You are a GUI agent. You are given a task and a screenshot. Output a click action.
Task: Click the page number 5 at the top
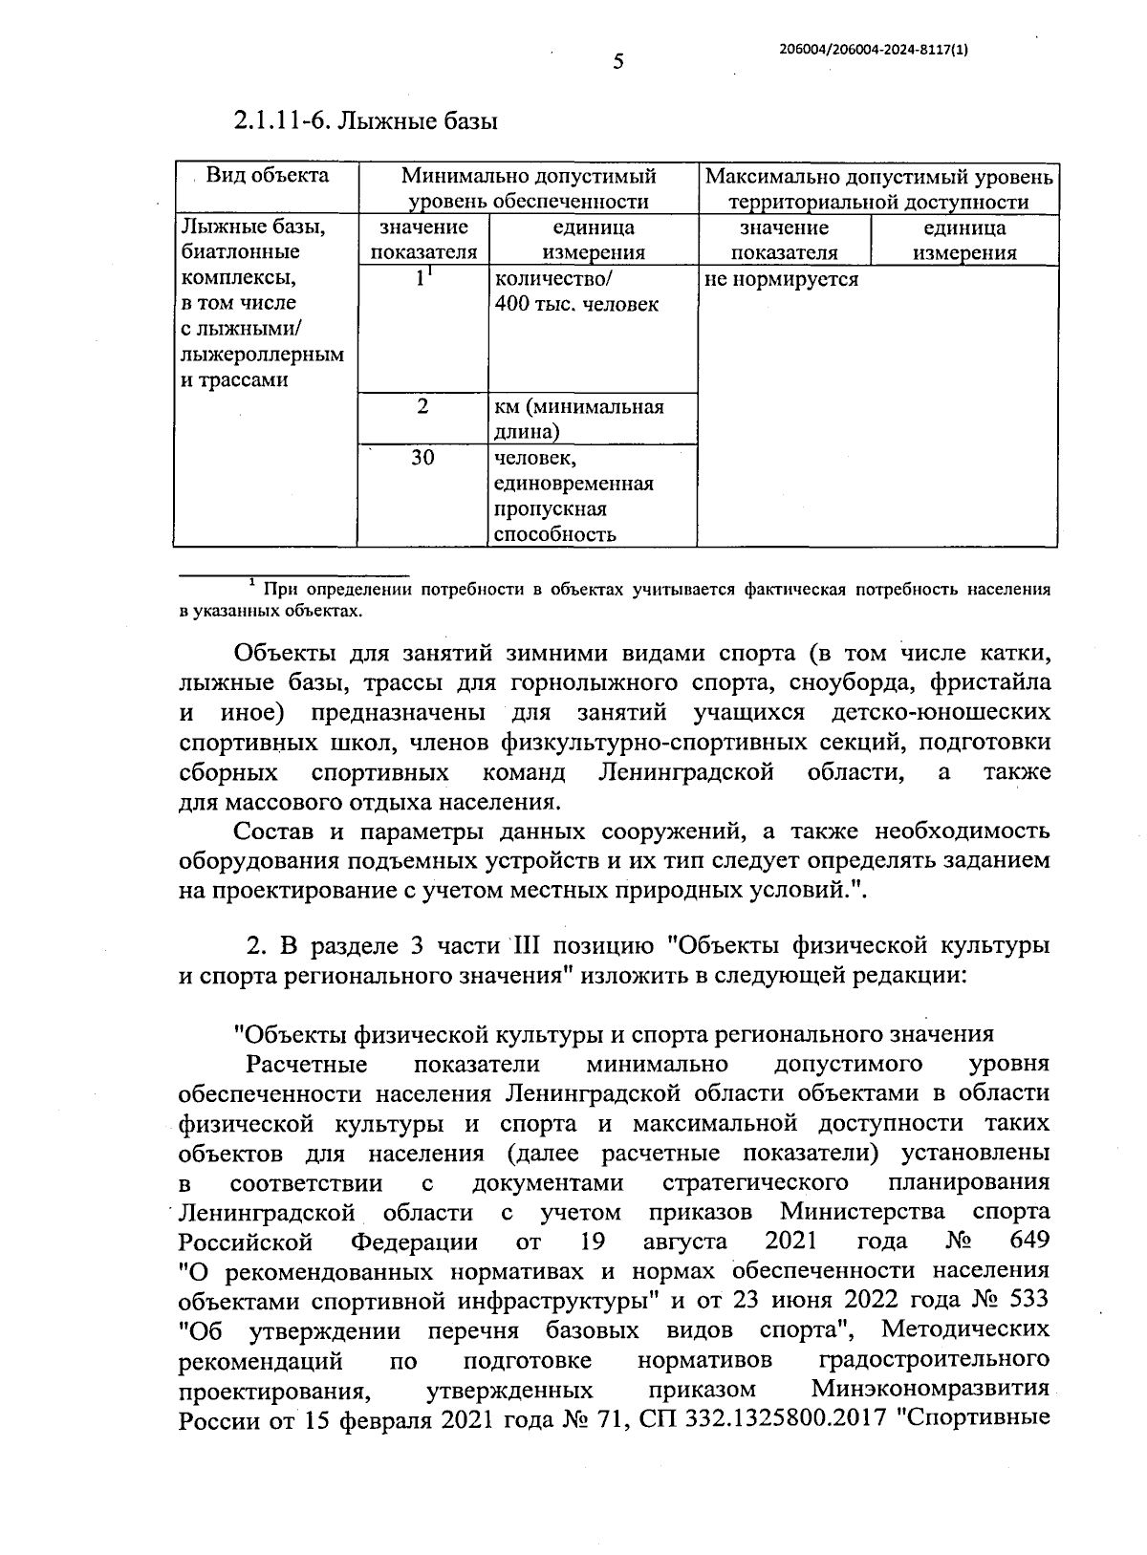point(617,63)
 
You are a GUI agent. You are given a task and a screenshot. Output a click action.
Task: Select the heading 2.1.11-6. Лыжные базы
point(367,121)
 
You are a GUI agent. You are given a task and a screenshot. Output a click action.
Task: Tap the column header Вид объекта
point(268,176)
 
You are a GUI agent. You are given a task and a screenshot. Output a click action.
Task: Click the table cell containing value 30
point(422,458)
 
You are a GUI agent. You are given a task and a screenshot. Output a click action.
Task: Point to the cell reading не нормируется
point(781,279)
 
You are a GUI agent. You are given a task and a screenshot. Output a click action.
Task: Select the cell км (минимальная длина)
point(578,419)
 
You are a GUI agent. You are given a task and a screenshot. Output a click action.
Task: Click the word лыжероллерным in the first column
point(263,355)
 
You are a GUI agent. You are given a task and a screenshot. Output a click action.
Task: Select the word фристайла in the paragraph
point(994,683)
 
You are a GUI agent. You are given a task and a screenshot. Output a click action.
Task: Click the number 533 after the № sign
point(1028,1300)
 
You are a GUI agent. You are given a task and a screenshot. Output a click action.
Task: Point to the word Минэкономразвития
point(930,1389)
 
